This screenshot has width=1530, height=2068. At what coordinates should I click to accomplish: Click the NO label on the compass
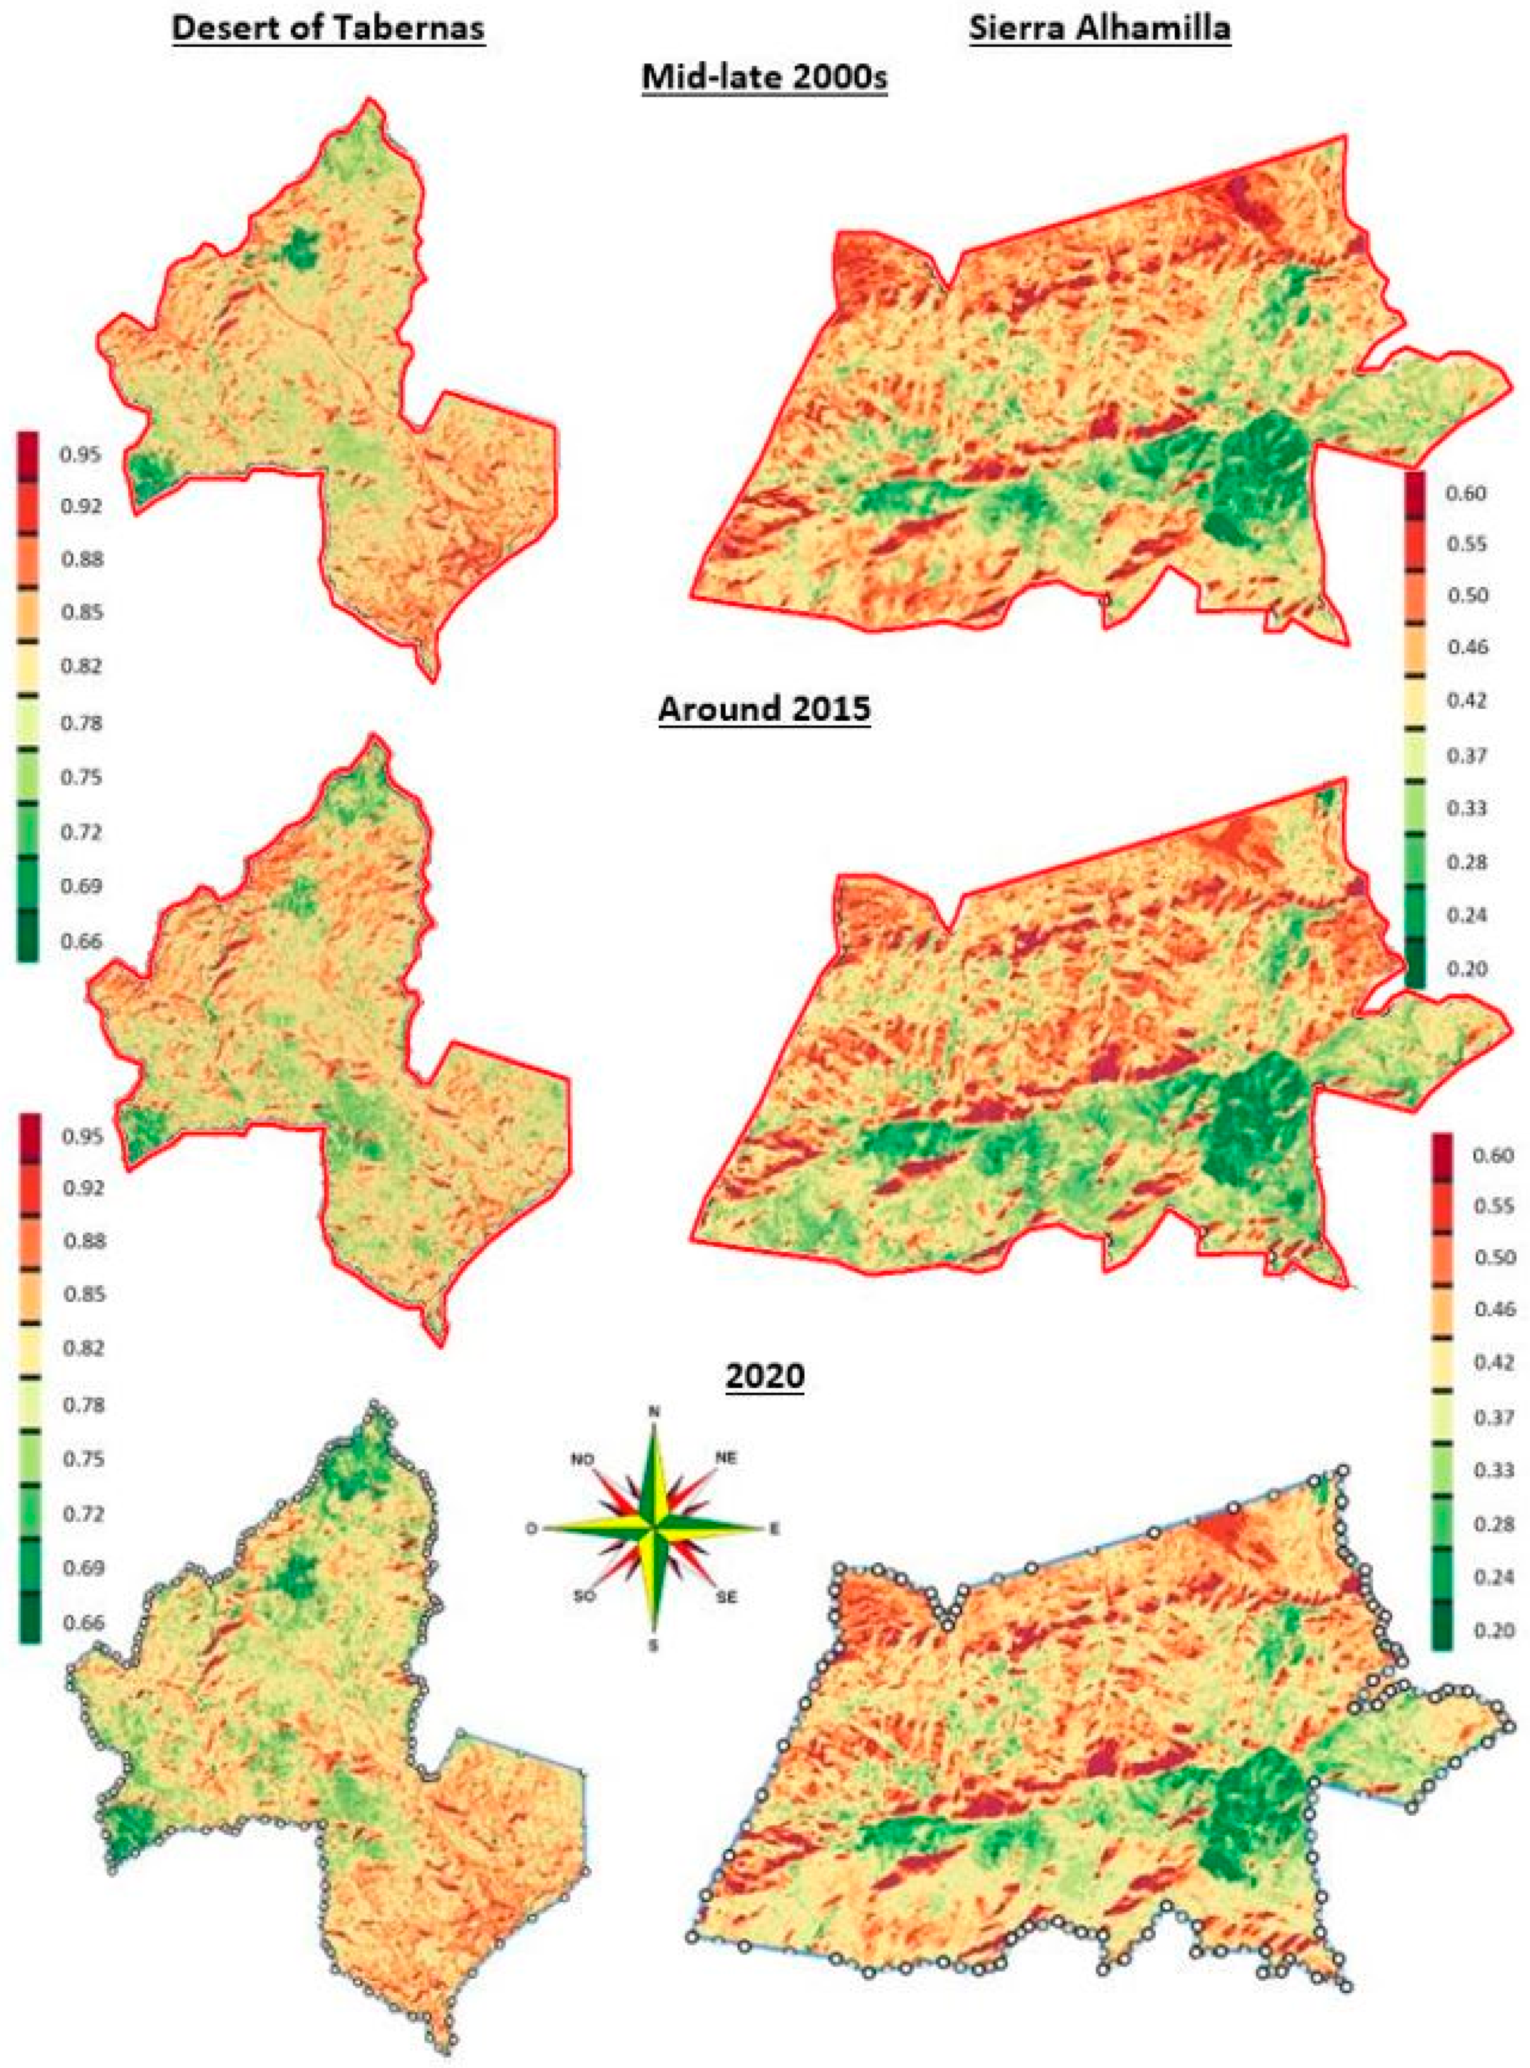point(582,1460)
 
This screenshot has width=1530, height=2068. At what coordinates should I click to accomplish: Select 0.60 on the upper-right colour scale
point(1466,494)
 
